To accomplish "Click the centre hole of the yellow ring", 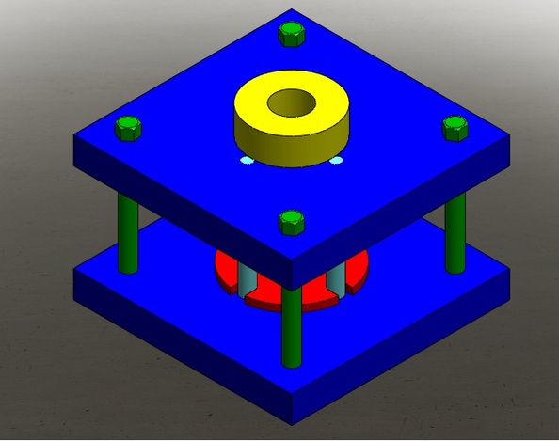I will coord(292,102).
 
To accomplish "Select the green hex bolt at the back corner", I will coord(292,35).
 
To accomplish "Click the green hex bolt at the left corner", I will coord(128,127).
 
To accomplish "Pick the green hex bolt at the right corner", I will coord(455,127).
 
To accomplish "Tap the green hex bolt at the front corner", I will coord(292,223).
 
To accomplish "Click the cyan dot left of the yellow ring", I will coord(246,162).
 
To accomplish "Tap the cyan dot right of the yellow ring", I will coord(336,161).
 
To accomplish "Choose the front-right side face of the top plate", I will coord(405,203).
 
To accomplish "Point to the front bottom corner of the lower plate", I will coord(292,421).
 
